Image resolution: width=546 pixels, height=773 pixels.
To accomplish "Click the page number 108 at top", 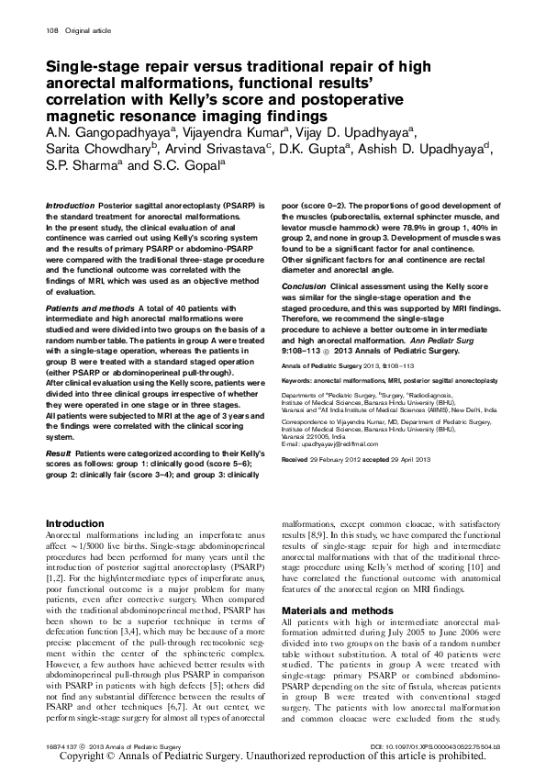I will [x=51, y=32].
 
